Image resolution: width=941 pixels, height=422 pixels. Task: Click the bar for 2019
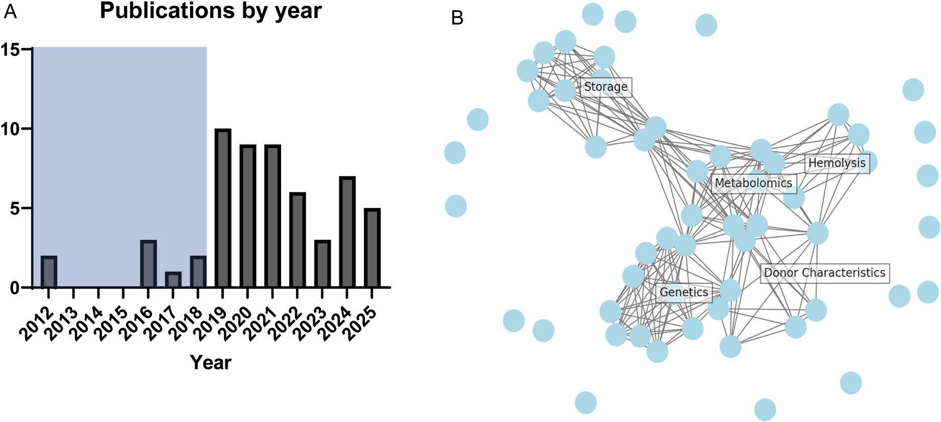223,208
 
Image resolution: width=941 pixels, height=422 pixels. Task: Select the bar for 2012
49,272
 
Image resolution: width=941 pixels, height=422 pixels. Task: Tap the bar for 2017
173,280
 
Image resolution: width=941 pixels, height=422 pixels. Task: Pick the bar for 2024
347,232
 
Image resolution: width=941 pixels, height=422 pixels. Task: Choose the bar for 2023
322,264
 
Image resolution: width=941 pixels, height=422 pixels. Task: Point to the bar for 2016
148,264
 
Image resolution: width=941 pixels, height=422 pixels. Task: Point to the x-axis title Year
211,362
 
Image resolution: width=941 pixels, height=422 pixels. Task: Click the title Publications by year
211,11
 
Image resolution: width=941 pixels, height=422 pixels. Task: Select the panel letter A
10,11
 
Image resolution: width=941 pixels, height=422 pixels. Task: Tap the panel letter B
457,18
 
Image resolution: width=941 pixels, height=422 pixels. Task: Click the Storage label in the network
606,87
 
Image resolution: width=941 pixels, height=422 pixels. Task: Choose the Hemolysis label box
837,163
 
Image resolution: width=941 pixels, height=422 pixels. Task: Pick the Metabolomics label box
754,183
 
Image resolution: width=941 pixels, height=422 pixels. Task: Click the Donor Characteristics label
824,273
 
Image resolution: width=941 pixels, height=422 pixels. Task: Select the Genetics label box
684,292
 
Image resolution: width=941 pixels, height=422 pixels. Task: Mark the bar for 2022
297,240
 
